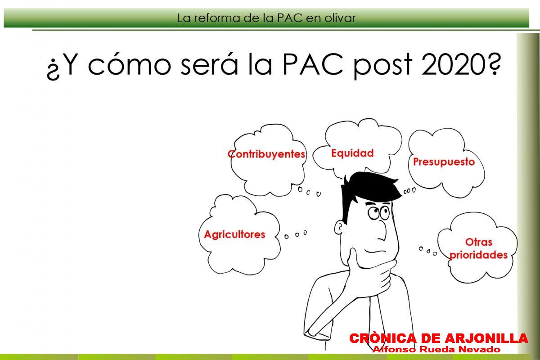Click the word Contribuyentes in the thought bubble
266,154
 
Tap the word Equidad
352,153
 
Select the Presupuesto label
444,162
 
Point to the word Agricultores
234,234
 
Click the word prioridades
479,255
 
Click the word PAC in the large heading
313,64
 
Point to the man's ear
339,227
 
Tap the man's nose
382,231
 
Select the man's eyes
378,213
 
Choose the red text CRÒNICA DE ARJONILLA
439,338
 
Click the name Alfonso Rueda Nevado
436,349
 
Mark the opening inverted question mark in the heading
53,69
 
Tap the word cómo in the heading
130,63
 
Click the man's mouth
375,251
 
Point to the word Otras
479,242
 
